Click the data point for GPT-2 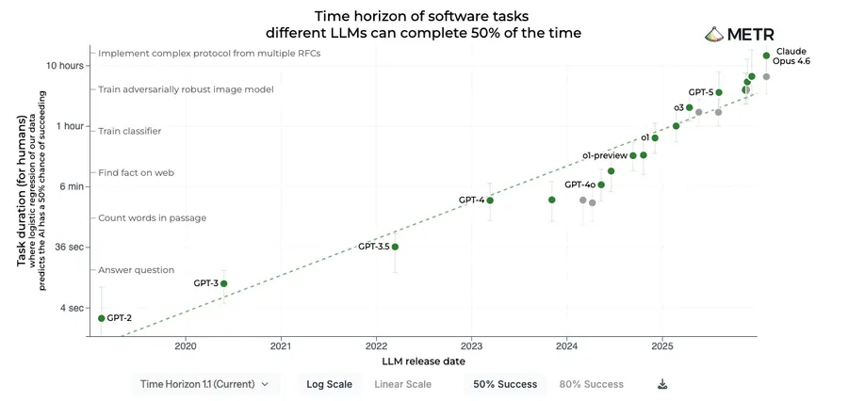[x=101, y=318]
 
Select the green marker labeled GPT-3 [x=223, y=283]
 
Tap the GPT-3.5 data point [x=395, y=247]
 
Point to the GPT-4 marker [x=490, y=200]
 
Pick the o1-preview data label [x=604, y=155]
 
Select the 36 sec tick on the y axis [x=71, y=247]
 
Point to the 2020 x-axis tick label [x=186, y=345]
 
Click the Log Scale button [x=329, y=384]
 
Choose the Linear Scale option [x=402, y=384]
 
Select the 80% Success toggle [x=591, y=384]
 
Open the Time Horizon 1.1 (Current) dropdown [x=204, y=384]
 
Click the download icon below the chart [x=662, y=384]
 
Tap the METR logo [x=739, y=35]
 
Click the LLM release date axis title [x=423, y=361]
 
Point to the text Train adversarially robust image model [x=186, y=89]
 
